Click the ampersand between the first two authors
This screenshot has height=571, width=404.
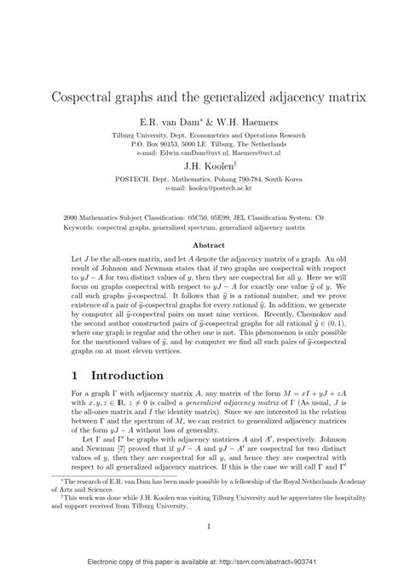[x=194, y=122]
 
